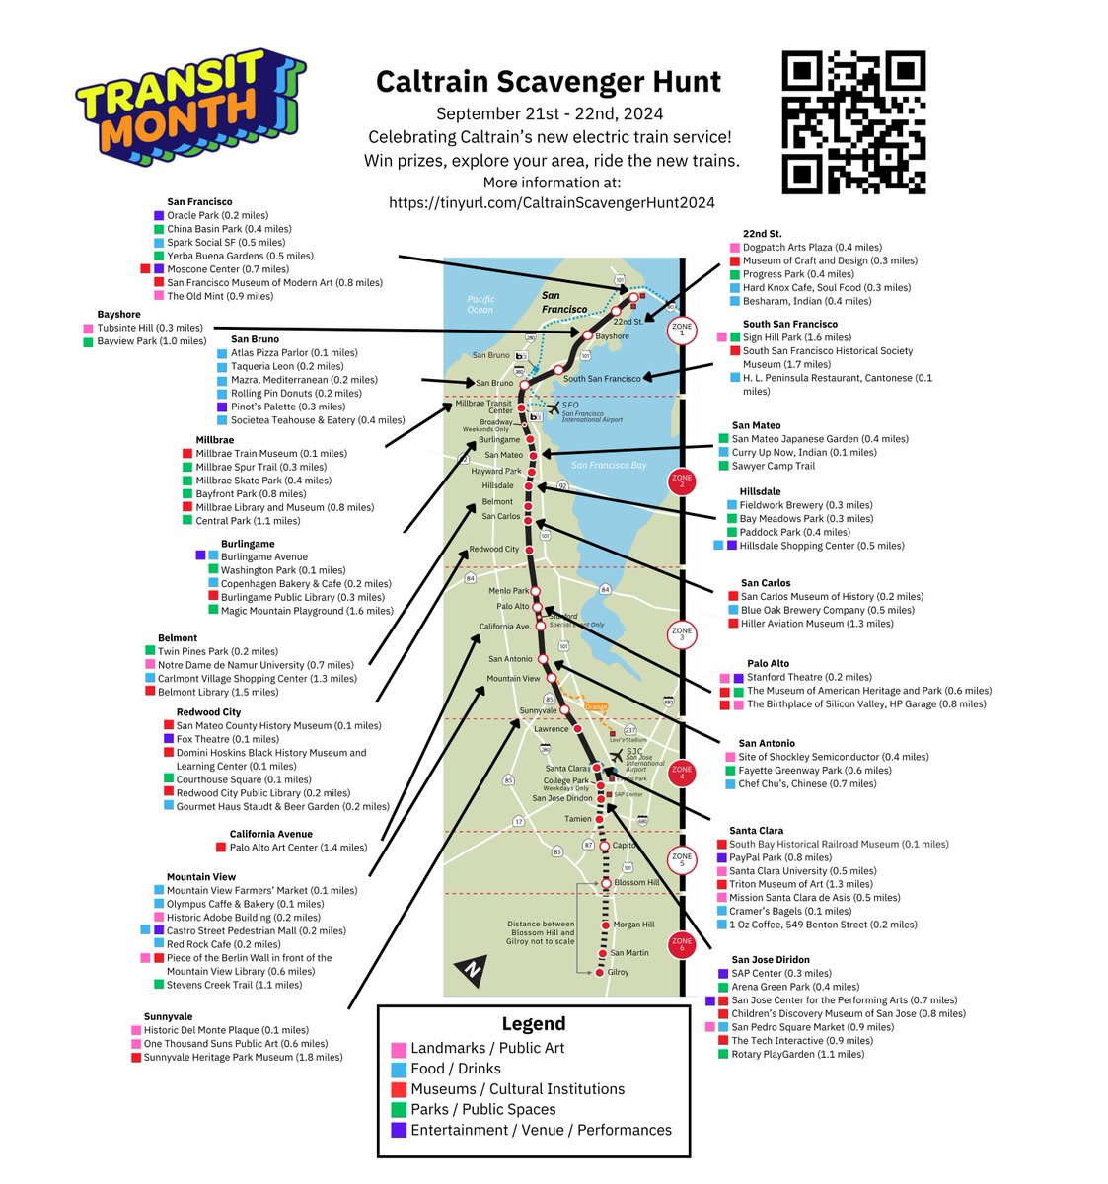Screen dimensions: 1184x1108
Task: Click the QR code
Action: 853,122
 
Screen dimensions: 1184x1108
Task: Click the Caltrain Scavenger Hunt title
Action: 549,81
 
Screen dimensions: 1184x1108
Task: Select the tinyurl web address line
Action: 551,202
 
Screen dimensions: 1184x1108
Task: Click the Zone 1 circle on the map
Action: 682,330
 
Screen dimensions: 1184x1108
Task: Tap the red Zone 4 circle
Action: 682,772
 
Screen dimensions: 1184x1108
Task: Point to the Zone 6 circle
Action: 682,945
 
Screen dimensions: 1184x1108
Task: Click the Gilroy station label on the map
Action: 618,972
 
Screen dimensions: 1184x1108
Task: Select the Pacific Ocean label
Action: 480,304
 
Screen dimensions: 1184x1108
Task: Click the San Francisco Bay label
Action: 609,465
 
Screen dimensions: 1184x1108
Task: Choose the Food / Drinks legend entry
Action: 455,1069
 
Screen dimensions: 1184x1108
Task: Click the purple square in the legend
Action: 399,1131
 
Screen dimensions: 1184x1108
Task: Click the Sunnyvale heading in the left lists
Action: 168,1016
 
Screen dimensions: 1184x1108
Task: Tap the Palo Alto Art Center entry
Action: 298,847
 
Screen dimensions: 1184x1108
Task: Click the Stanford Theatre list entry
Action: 809,677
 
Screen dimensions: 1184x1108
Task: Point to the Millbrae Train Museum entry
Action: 270,454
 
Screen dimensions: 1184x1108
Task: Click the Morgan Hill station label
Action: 633,925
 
